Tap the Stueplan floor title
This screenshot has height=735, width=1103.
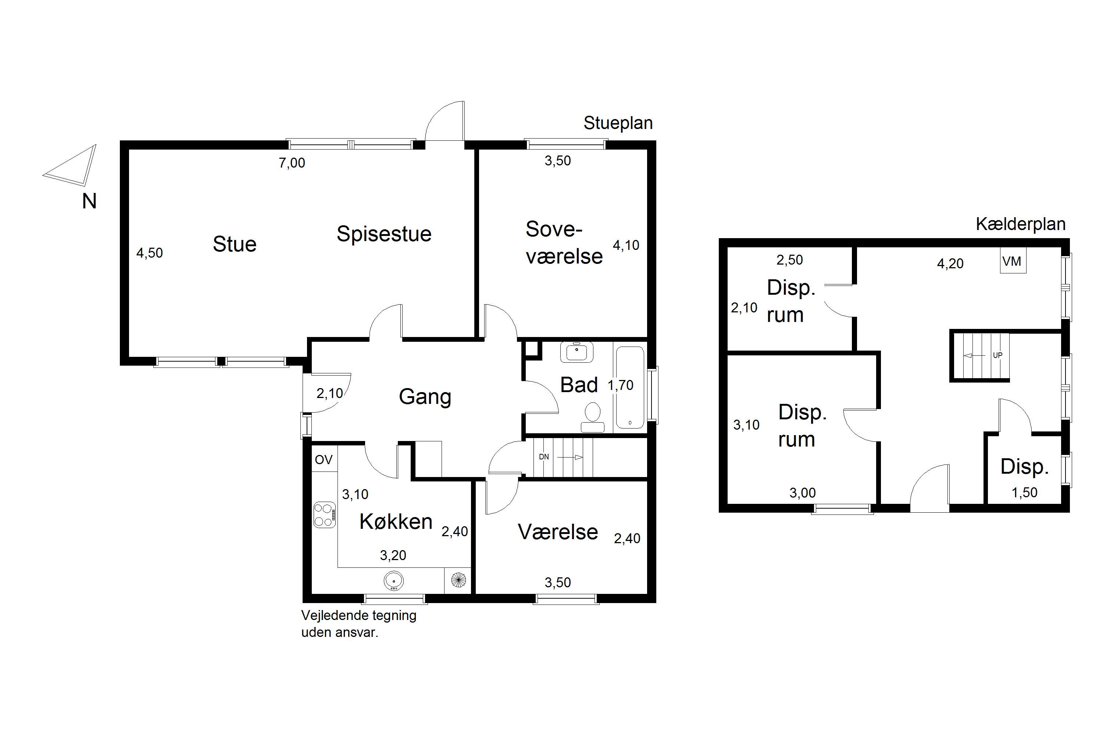coord(618,123)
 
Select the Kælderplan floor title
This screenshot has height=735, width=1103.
coord(1021,224)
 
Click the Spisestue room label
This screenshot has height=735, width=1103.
coord(383,234)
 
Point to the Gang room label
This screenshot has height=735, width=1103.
coord(425,397)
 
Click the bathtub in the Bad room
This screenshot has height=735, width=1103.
coord(630,387)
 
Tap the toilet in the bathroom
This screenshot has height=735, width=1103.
coord(593,417)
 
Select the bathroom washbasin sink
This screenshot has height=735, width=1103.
coord(577,352)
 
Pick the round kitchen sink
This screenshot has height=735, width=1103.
coord(393,581)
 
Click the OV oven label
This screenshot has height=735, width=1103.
coord(324,460)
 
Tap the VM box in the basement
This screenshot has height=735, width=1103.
coord(1013,261)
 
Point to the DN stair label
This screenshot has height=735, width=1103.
coord(543,456)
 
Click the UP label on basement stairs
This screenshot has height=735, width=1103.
coord(997,355)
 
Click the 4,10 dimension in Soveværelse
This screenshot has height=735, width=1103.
coord(626,245)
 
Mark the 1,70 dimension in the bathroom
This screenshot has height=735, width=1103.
coord(621,385)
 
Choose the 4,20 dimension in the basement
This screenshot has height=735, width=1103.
coord(950,263)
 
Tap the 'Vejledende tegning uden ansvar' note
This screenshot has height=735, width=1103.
coord(359,624)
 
